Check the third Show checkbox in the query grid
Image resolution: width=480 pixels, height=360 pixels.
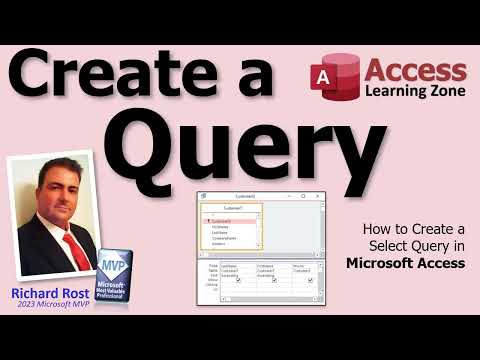pos(311,280)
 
